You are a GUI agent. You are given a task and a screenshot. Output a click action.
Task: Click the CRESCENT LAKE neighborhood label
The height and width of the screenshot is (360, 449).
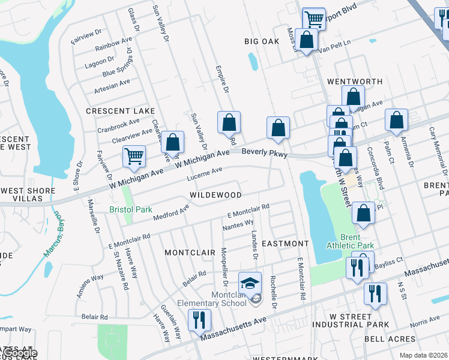coord(120,111)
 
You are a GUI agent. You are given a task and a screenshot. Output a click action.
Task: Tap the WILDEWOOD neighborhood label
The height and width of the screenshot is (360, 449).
coord(215,195)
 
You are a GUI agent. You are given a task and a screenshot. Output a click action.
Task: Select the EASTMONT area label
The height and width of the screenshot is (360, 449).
coord(285,244)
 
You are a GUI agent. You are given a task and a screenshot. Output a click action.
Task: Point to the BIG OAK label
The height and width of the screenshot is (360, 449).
coord(262,41)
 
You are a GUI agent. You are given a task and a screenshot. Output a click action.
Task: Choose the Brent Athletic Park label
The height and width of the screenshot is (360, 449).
coord(350,241)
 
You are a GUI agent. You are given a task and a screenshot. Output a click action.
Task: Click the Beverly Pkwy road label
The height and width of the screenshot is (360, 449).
coord(265,153)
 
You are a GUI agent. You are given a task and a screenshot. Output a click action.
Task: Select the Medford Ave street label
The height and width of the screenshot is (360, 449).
coord(170,211)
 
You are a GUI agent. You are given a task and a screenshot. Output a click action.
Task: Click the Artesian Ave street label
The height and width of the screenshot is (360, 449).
coord(112,86)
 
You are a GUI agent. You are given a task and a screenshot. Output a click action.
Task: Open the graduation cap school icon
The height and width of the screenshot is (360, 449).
coord(250,282)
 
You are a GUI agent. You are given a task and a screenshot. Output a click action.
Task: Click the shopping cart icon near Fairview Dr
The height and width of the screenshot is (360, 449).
coord(134,156)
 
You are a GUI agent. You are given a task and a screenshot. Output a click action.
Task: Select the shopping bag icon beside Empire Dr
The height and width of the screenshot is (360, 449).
coord(229,122)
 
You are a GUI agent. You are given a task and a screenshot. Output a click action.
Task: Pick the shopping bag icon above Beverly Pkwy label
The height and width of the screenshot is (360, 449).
coord(278,127)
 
